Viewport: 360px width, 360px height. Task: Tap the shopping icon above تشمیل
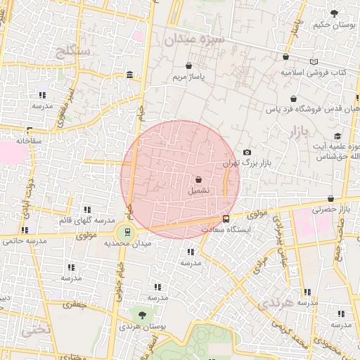198,179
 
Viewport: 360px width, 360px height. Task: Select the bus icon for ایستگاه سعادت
226,219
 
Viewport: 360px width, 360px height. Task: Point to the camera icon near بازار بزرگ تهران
246,153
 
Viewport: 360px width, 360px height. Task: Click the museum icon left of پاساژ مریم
130,75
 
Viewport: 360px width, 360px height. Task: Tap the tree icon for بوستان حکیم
331,13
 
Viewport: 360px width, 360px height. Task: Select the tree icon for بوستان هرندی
143,315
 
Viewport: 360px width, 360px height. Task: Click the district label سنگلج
72,51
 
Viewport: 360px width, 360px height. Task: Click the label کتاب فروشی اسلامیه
314,72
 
